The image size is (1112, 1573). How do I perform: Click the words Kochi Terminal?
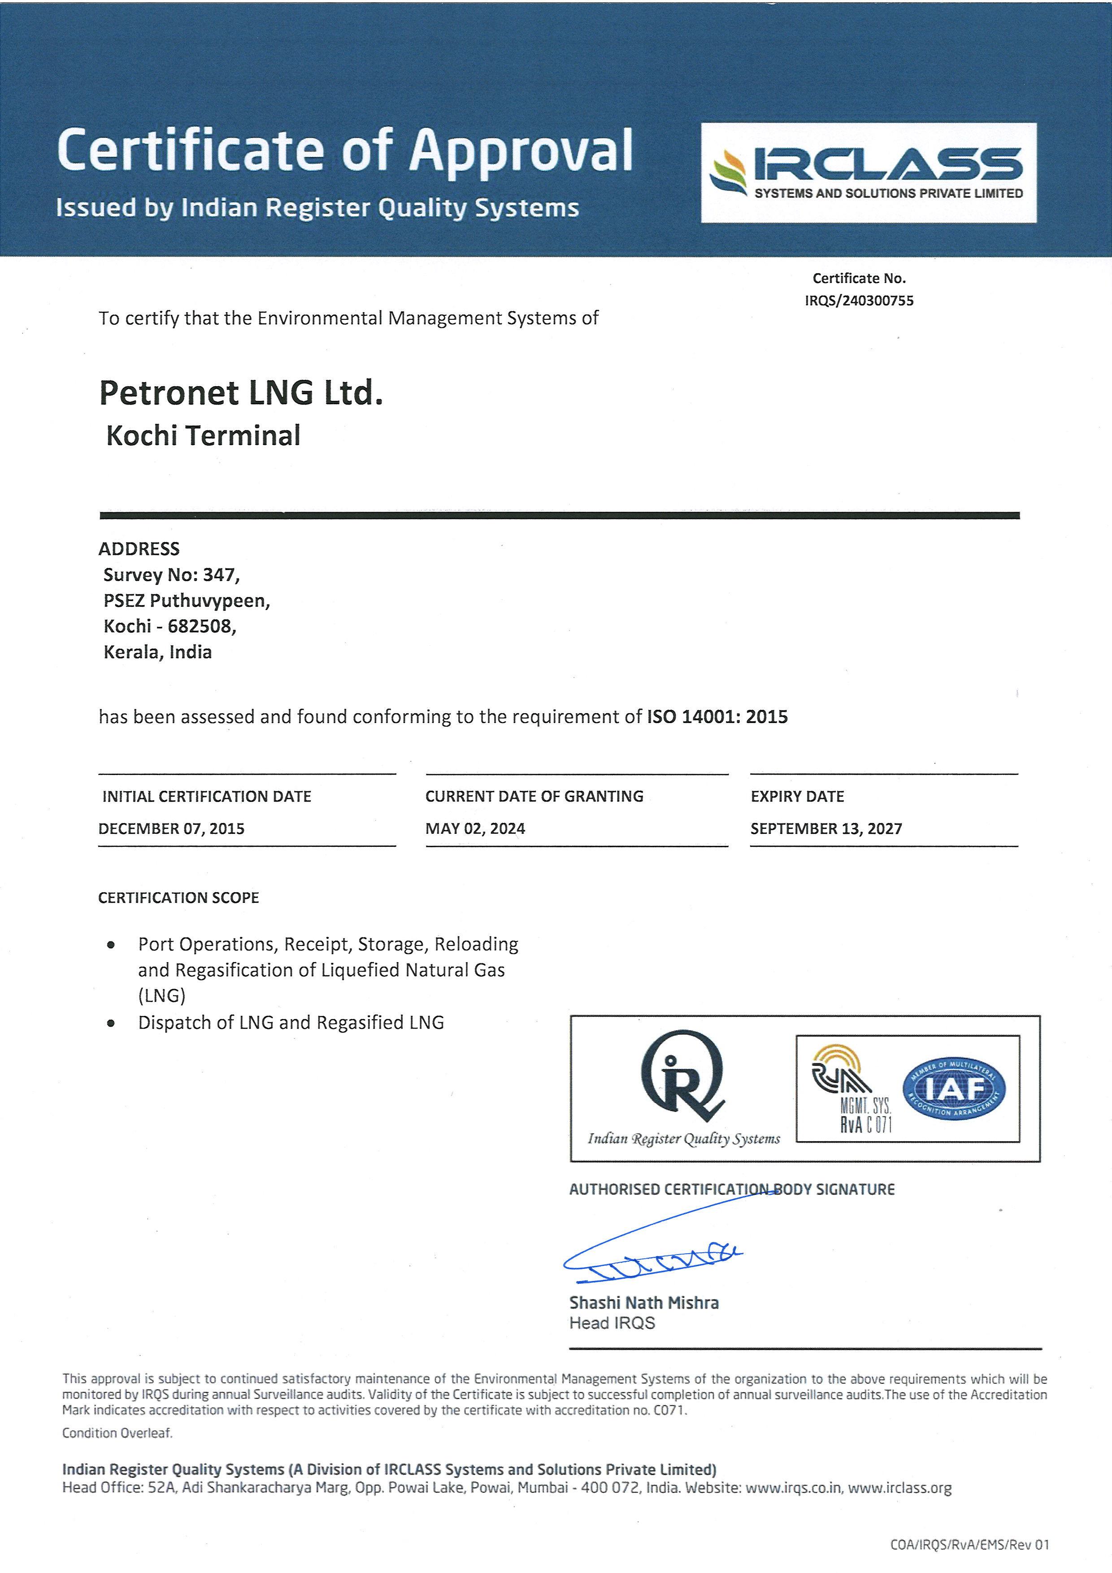(x=204, y=436)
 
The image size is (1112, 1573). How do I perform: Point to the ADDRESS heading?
(x=139, y=548)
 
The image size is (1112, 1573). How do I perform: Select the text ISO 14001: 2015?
(x=717, y=717)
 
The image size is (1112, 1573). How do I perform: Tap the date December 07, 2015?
(x=171, y=828)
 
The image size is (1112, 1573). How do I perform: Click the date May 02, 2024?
(x=475, y=828)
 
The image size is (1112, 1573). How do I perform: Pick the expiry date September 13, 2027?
(x=826, y=828)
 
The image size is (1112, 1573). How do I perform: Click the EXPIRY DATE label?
(x=797, y=796)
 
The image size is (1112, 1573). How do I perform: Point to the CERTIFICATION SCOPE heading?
(x=179, y=898)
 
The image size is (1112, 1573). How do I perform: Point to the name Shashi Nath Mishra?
(x=643, y=1303)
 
